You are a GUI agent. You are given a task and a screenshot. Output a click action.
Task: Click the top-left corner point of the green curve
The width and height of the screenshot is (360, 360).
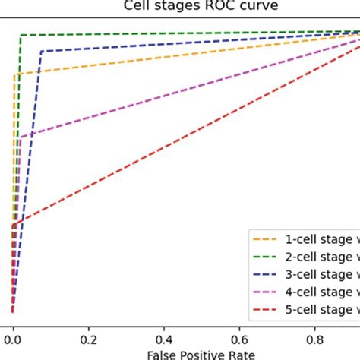click(21, 35)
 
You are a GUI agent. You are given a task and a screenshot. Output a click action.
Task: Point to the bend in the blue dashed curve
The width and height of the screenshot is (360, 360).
click(41, 51)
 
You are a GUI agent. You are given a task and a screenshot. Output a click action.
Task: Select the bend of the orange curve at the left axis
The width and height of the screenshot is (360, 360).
click(14, 74)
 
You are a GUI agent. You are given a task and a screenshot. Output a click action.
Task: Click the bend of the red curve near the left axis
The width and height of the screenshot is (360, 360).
click(14, 226)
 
